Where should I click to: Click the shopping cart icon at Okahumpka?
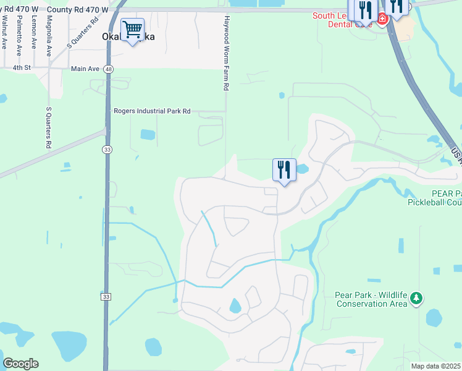(x=132, y=30)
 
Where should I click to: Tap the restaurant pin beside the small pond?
(x=284, y=170)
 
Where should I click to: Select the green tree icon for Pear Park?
(x=417, y=299)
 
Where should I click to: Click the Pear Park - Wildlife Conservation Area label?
(x=371, y=299)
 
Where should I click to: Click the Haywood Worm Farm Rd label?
(x=227, y=54)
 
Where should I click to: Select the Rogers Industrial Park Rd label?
(x=152, y=111)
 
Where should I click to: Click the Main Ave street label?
(x=85, y=69)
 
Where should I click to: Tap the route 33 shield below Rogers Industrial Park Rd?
(x=107, y=149)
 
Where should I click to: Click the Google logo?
(x=20, y=364)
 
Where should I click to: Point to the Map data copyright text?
(x=436, y=366)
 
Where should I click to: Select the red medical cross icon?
(x=382, y=19)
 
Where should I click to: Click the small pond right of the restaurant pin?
(x=302, y=168)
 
